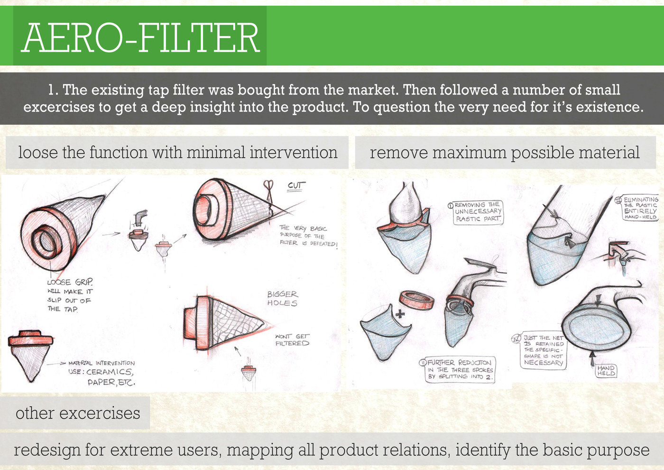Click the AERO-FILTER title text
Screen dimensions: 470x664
[x=140, y=37]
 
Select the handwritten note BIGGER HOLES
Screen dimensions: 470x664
[x=282, y=299]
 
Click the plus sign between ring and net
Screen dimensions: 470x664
[x=401, y=314]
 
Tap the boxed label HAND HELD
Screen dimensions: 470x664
[x=606, y=371]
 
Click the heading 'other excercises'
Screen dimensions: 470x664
[x=78, y=413]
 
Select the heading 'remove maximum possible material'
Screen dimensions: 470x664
[x=505, y=153]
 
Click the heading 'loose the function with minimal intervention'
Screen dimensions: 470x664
[x=177, y=153]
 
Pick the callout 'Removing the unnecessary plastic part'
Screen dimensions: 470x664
[x=477, y=212]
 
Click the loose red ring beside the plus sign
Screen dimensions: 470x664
[x=417, y=301]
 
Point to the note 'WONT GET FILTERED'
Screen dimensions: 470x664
[x=292, y=339]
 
